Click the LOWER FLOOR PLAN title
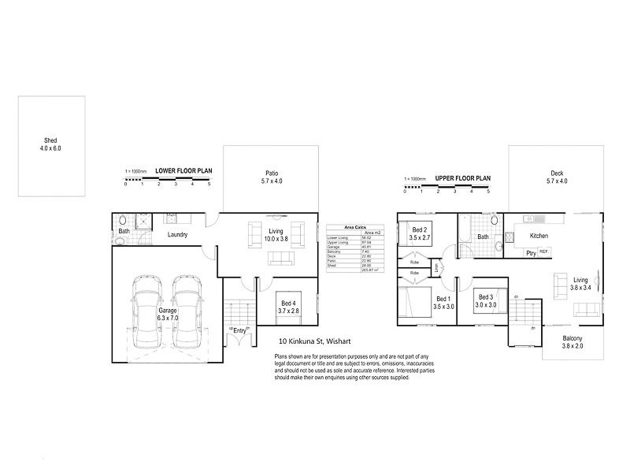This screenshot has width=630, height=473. pyautogui.click(x=183, y=170)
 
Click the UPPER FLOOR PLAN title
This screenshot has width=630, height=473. pyautogui.click(x=462, y=179)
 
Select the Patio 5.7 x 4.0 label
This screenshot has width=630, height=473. pyautogui.click(x=271, y=177)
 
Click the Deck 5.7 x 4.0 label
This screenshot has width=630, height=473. pyautogui.click(x=557, y=177)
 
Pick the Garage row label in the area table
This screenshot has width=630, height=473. pyautogui.click(x=334, y=247)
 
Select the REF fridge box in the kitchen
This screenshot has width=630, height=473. pyautogui.click(x=543, y=252)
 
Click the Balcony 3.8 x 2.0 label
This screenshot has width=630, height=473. pyautogui.click(x=573, y=341)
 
